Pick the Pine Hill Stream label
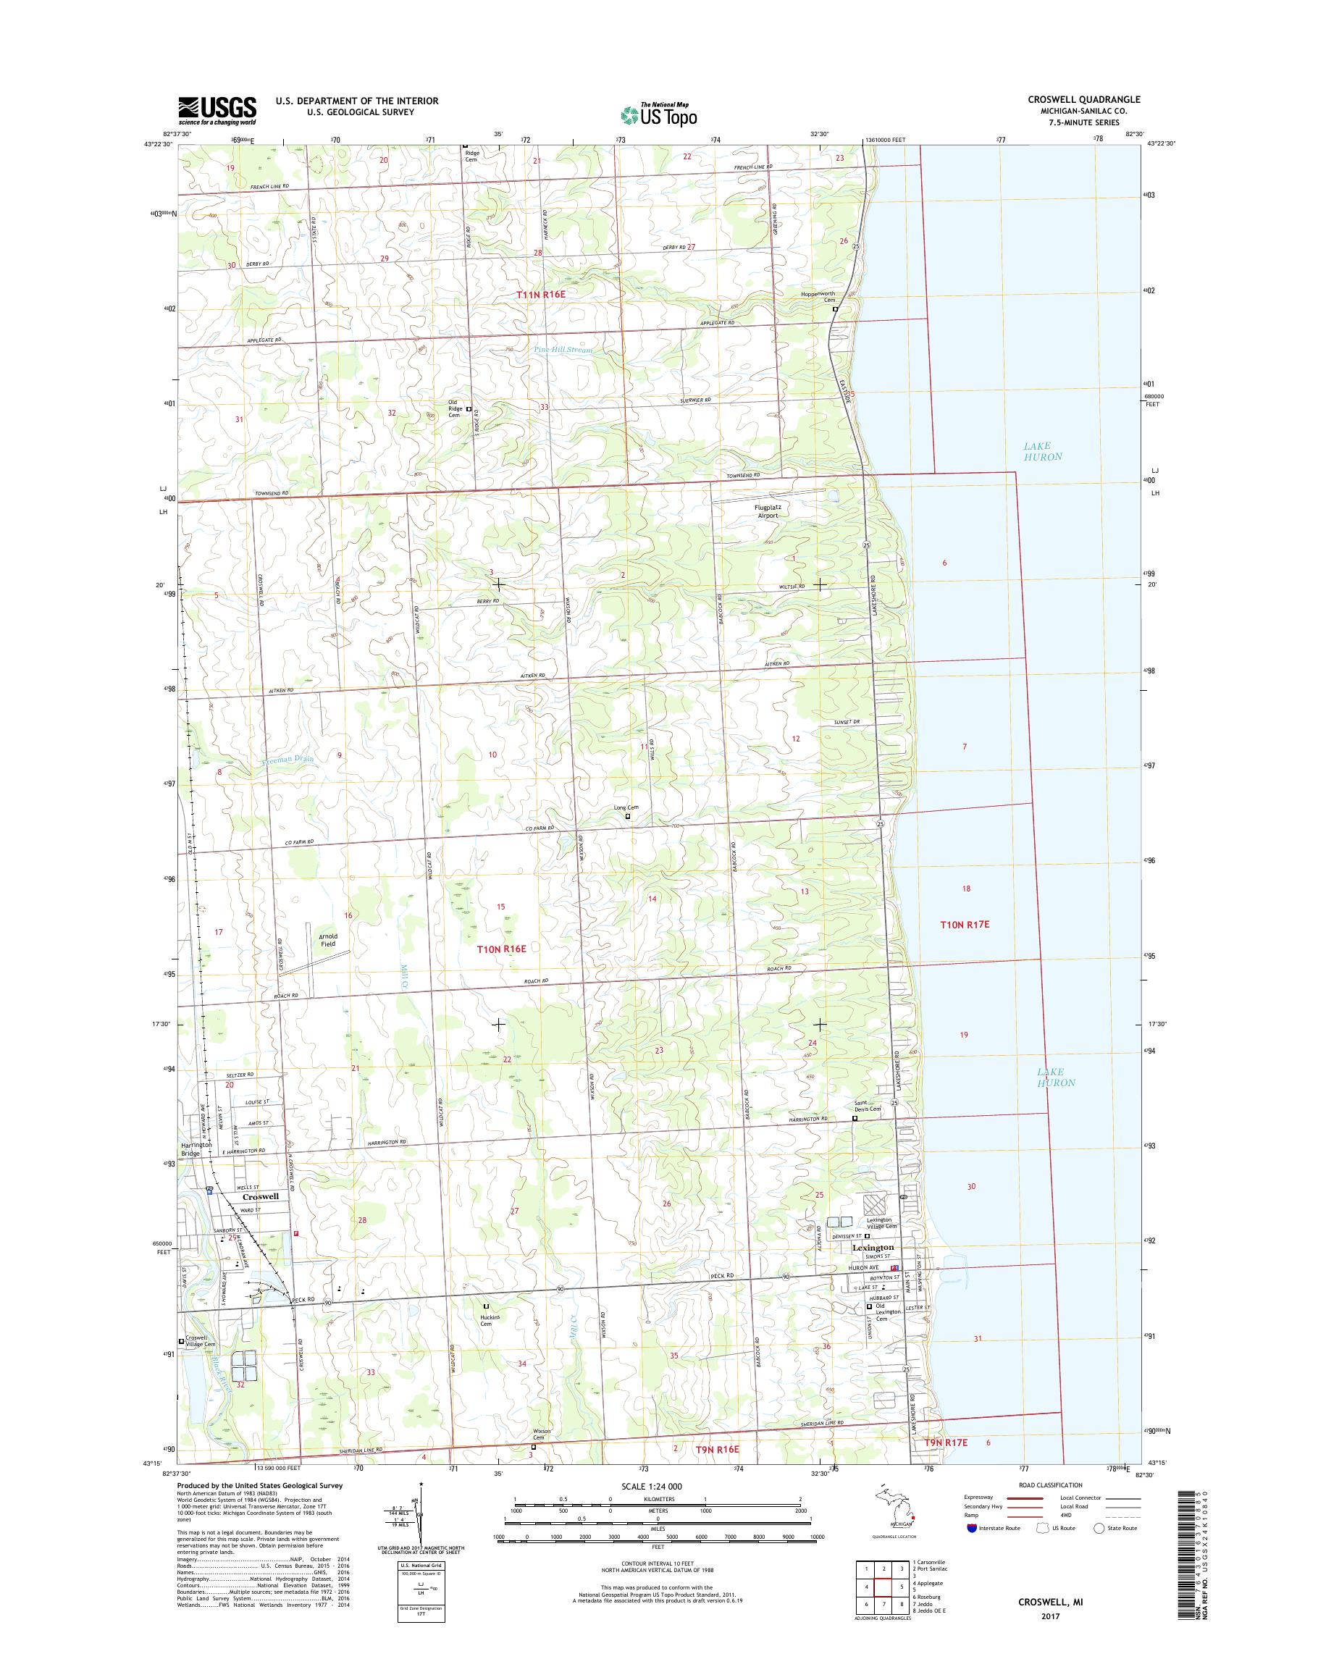563,350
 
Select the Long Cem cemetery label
626,808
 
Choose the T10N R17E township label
964,924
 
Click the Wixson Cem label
540,1435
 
